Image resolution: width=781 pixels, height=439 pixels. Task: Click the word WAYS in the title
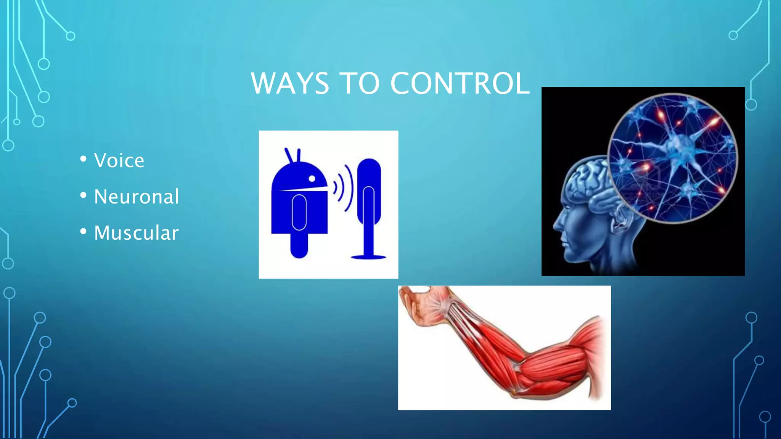tap(290, 83)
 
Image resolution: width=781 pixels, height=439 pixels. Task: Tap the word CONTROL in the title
tap(460, 83)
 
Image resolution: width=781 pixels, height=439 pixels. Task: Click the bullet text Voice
tap(119, 160)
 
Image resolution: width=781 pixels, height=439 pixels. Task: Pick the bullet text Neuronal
tap(136, 197)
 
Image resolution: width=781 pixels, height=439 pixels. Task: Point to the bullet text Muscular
tap(136, 233)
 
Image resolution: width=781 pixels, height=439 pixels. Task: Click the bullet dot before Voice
tap(84, 159)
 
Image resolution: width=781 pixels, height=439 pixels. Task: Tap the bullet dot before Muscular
tap(84, 231)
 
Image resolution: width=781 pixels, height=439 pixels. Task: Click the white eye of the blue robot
tap(312, 178)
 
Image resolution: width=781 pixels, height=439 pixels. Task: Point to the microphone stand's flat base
tap(368, 257)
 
